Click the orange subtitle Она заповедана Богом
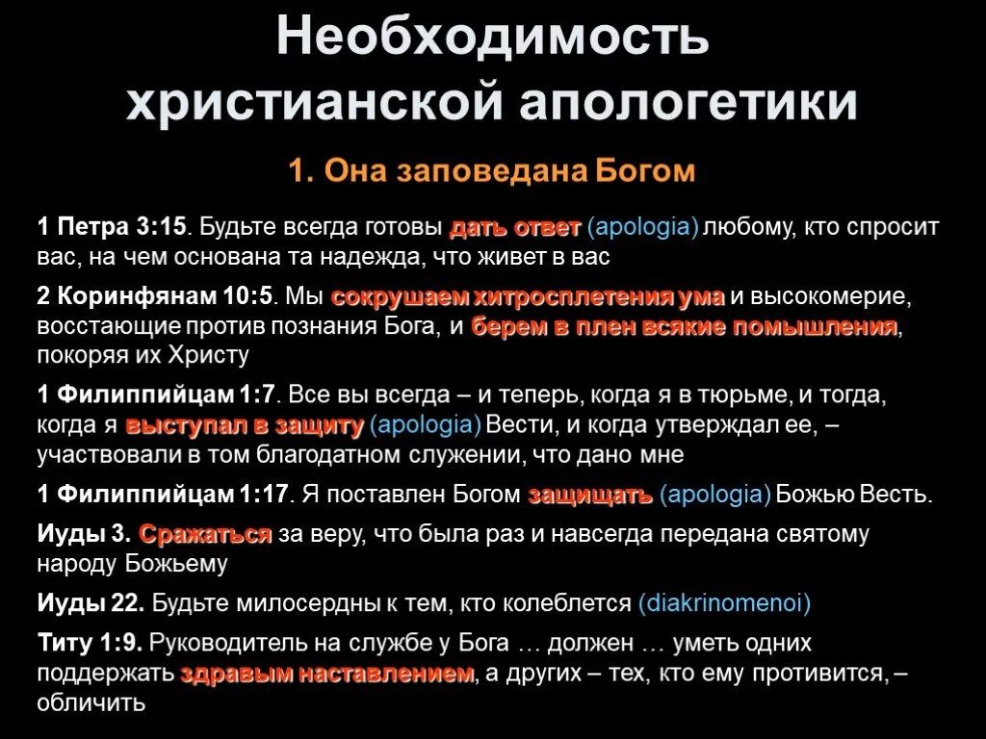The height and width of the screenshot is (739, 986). point(492,171)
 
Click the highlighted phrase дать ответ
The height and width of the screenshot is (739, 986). point(515,229)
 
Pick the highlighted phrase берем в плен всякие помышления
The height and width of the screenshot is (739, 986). point(684,326)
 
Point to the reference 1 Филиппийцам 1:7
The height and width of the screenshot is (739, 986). point(157,395)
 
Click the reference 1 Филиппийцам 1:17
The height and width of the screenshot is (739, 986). point(164,495)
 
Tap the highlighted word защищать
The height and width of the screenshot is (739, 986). point(591,495)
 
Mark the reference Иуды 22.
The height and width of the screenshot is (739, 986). point(91,603)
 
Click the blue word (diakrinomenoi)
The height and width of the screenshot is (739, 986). point(724,603)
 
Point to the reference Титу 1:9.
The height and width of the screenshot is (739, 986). point(91,643)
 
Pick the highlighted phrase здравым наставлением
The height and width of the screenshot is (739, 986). point(327,674)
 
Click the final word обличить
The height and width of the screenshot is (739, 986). point(91,703)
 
